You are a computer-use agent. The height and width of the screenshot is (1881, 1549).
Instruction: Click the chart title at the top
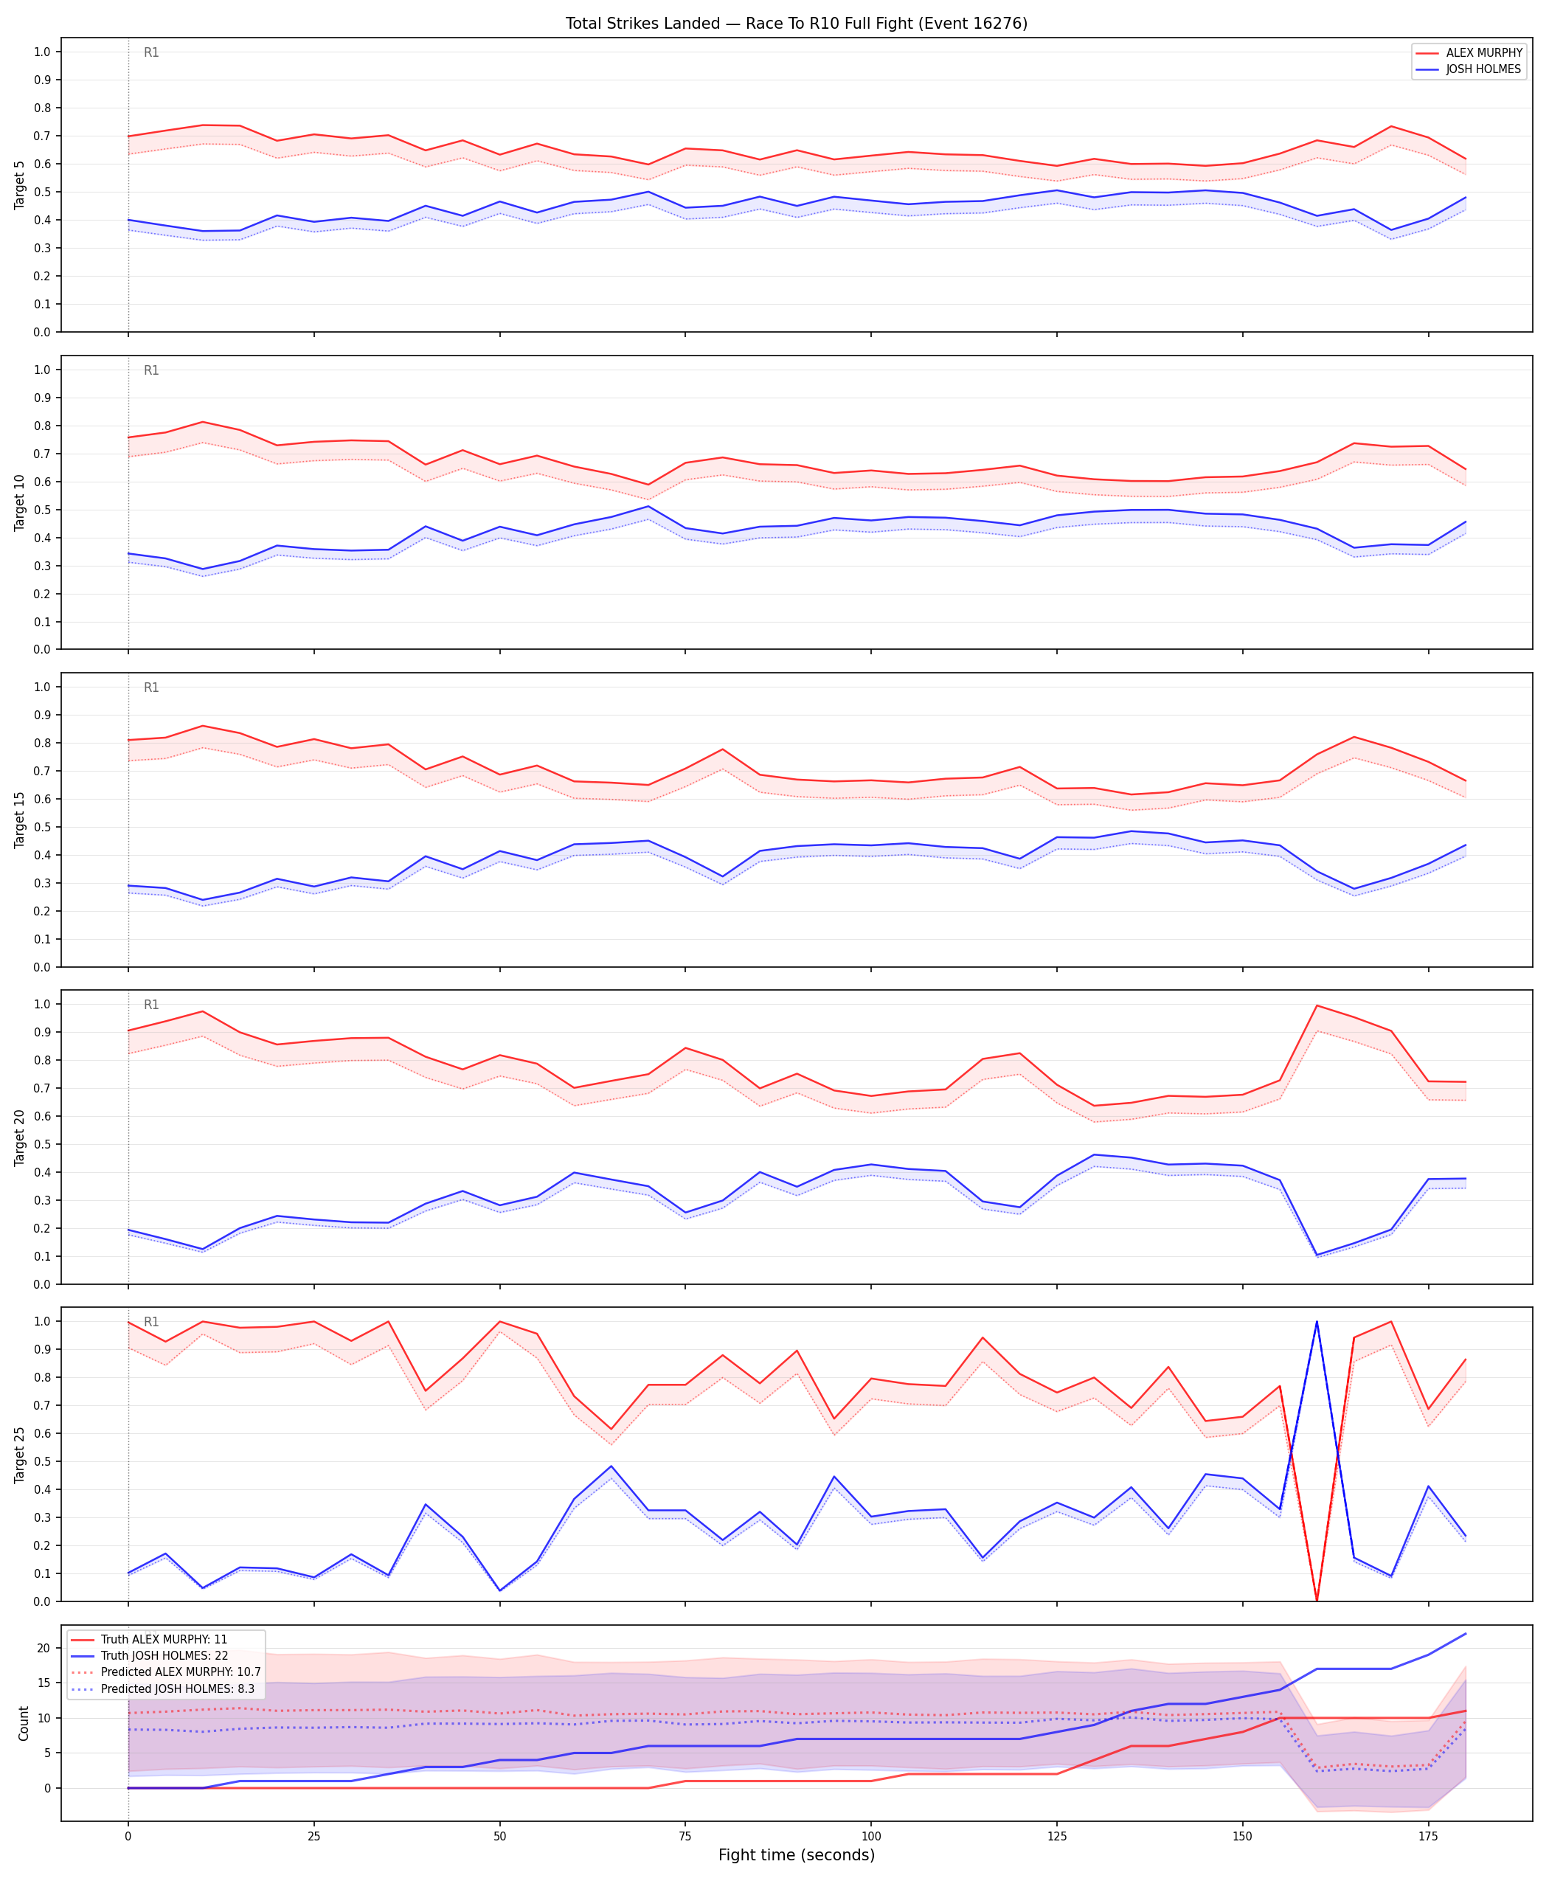[x=796, y=23]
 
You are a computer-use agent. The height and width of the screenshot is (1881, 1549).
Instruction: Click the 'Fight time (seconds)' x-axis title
[x=796, y=1855]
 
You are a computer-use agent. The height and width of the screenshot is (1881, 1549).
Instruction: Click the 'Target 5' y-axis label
[x=20, y=184]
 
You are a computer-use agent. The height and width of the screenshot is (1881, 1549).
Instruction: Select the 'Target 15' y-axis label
[x=20, y=819]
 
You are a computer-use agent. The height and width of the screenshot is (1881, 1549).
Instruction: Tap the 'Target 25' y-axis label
[x=20, y=1455]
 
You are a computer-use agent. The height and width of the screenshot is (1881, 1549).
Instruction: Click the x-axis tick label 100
[x=871, y=1837]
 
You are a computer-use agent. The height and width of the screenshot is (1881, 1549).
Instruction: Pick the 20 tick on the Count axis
[x=44, y=1648]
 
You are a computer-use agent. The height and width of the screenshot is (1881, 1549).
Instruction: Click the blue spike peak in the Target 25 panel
[x=1317, y=1322]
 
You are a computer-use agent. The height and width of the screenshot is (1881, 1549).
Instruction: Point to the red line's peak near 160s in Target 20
[x=1317, y=1005]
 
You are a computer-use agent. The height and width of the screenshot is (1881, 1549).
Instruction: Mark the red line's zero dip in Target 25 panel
[x=1317, y=1600]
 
